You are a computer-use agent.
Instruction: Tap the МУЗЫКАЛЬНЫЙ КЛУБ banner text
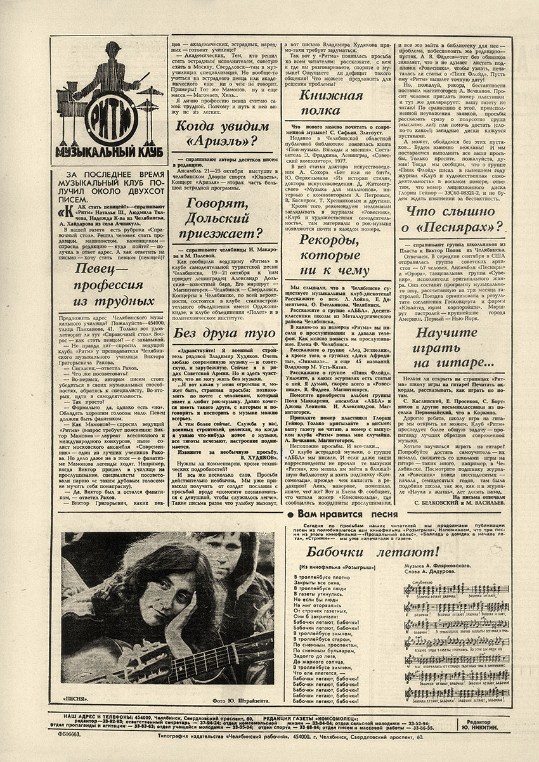tap(105, 155)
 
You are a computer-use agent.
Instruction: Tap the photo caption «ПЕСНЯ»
tap(75, 700)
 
